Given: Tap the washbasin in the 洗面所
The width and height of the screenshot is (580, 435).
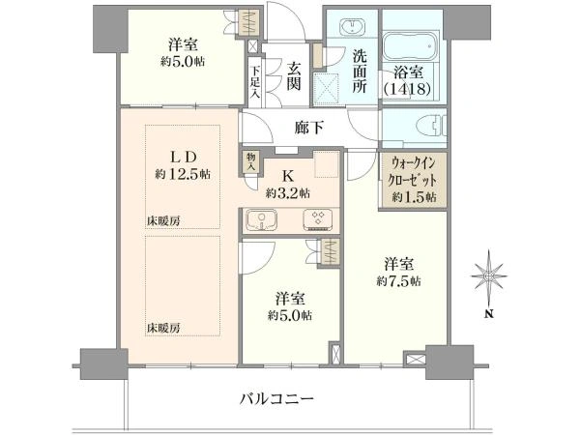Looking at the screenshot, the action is (353, 27).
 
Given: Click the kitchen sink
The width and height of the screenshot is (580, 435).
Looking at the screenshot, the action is (261, 219).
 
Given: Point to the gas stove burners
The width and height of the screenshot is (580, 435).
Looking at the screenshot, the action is (317, 219).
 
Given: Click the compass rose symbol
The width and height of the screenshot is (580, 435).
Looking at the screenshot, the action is (489, 275).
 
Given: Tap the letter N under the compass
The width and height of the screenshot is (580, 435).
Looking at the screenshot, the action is (489, 314).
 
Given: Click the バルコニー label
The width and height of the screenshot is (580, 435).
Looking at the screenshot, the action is (276, 399).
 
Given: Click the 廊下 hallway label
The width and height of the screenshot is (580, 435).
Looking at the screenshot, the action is (309, 128).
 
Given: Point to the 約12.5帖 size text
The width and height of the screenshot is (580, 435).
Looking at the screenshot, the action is (183, 174).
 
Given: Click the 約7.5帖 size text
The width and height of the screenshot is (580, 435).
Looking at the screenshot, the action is (398, 281).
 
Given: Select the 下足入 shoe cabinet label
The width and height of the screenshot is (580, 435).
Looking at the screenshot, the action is (255, 82).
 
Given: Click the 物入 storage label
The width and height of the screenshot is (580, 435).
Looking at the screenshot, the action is (251, 161).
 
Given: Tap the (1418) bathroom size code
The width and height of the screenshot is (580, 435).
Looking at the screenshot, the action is (407, 89).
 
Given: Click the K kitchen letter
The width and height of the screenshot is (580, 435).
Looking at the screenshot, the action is (288, 177).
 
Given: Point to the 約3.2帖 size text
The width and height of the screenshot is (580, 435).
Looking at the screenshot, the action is (288, 193).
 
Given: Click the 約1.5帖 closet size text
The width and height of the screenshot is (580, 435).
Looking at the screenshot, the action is (415, 197).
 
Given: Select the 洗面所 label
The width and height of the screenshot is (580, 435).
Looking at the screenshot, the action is (359, 72).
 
